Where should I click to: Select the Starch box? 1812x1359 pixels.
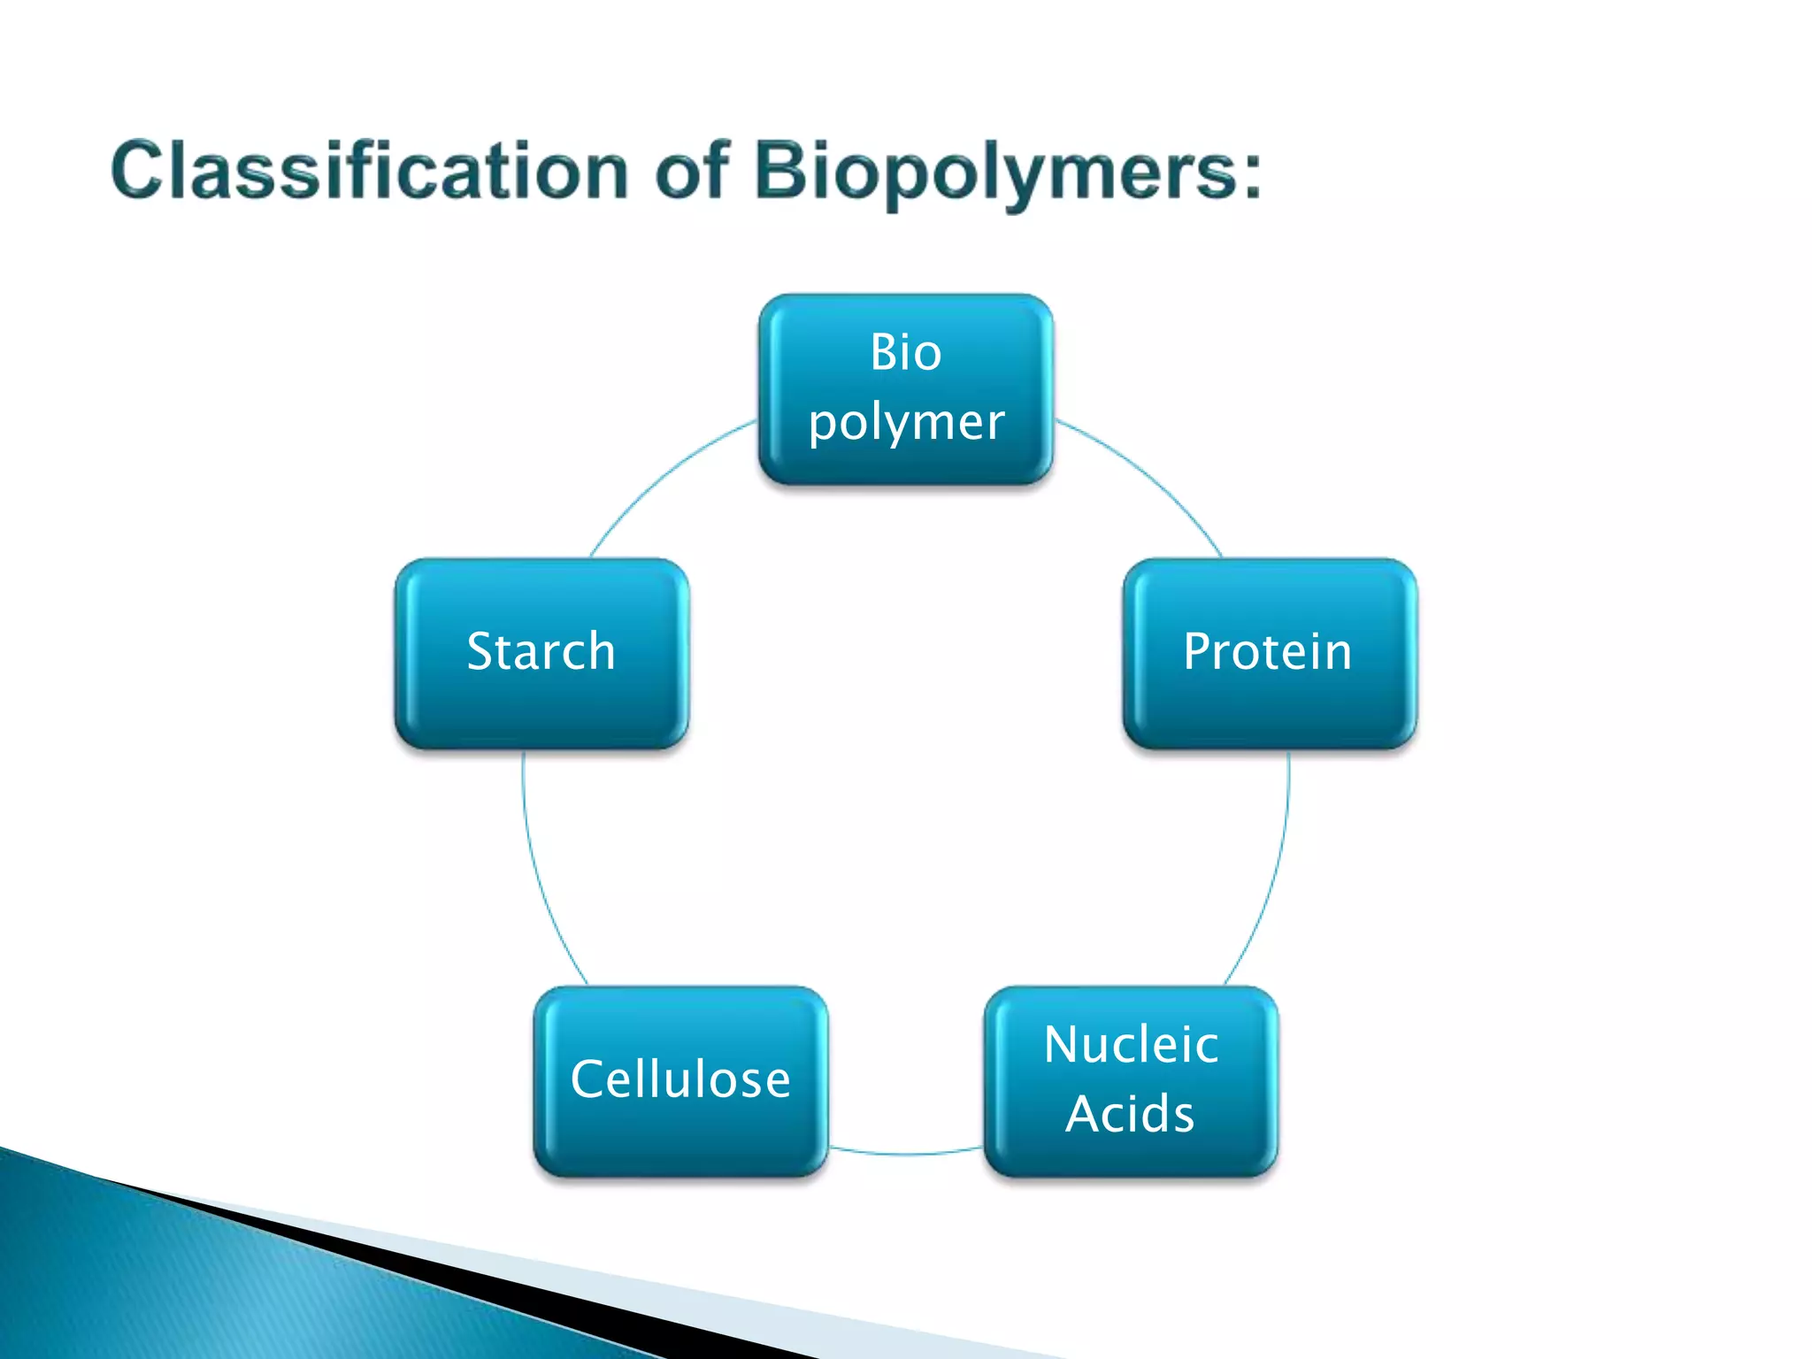click(541, 653)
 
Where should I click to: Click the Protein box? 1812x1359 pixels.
click(1270, 653)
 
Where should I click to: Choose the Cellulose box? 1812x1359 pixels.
click(680, 1081)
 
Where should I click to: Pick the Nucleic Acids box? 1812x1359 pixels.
click(1131, 1081)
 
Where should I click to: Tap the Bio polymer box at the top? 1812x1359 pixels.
click(905, 389)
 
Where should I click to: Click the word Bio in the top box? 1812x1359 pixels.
click(905, 352)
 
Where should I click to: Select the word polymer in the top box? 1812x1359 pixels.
click(906, 423)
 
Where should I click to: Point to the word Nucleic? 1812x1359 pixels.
click(1131, 1045)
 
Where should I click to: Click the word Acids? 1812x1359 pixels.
click(1130, 1114)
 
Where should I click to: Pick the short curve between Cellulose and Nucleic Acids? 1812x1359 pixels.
click(906, 1154)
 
